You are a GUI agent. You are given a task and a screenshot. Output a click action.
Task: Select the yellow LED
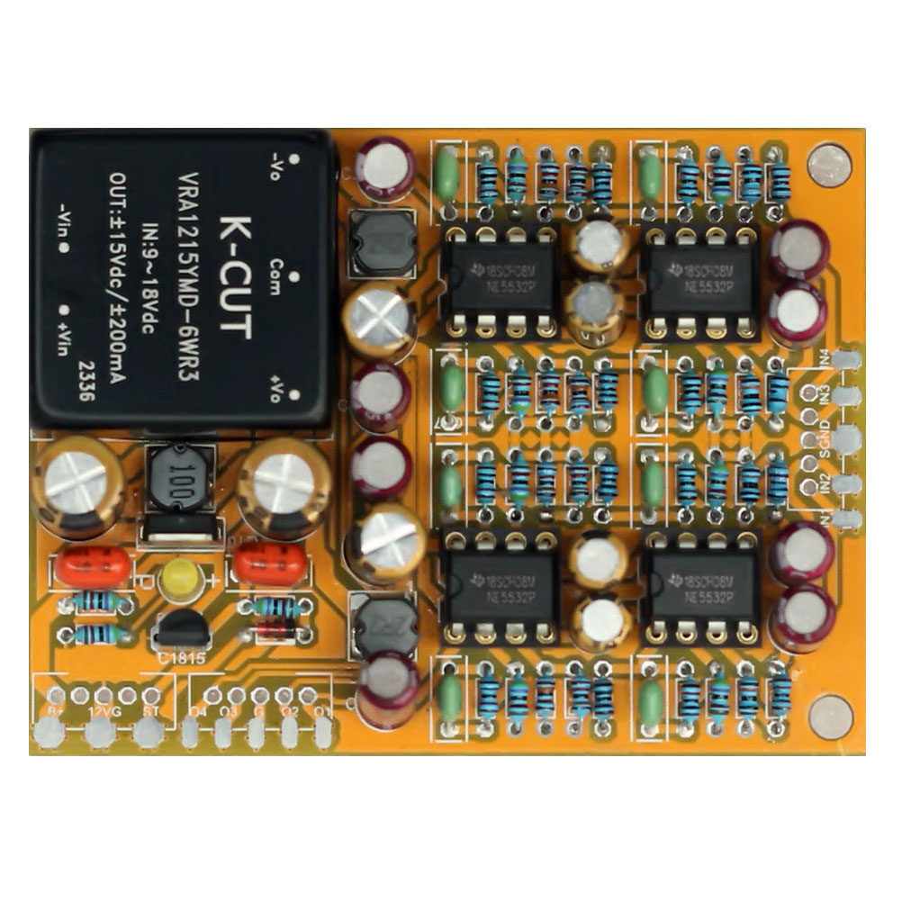180,581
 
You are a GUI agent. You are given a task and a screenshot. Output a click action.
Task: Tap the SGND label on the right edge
825,432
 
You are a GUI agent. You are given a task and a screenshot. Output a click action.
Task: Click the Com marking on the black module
276,270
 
